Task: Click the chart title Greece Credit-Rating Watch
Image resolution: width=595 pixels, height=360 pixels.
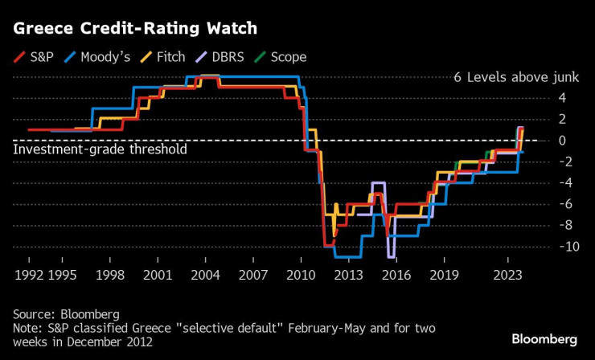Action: click(x=135, y=28)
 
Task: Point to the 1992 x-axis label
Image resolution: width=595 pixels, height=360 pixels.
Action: click(x=29, y=275)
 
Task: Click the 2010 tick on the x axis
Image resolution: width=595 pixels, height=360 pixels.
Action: click(x=301, y=275)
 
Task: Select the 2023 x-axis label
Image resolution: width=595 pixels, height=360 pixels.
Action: click(x=508, y=275)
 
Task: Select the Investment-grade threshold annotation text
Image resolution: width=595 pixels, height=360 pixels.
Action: click(x=101, y=149)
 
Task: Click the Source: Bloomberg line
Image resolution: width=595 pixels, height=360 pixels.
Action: click(x=66, y=313)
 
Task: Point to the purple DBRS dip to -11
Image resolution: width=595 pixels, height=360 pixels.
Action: click(x=391, y=256)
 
